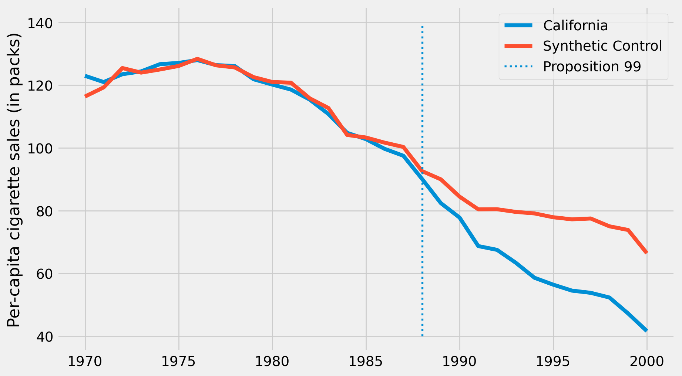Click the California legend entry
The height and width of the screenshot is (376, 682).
tap(575, 26)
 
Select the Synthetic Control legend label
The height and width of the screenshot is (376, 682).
tap(602, 46)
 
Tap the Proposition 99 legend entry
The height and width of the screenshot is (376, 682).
tap(592, 67)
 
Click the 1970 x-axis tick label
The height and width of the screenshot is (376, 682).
tap(85, 361)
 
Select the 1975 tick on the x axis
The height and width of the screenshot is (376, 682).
tap(179, 361)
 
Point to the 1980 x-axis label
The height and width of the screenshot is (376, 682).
tap(272, 361)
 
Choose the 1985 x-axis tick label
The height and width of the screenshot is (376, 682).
tap(366, 361)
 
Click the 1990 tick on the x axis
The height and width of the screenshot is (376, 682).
tap(460, 361)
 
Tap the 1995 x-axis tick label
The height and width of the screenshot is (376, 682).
tap(553, 361)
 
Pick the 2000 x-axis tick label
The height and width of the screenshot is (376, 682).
tap(647, 361)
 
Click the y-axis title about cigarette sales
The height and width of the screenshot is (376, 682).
tap(14, 180)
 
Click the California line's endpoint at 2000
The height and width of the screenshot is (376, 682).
tap(646, 330)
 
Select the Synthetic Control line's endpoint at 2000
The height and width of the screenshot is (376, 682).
tap(646, 253)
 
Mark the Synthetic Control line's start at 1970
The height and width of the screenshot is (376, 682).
tap(85, 96)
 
